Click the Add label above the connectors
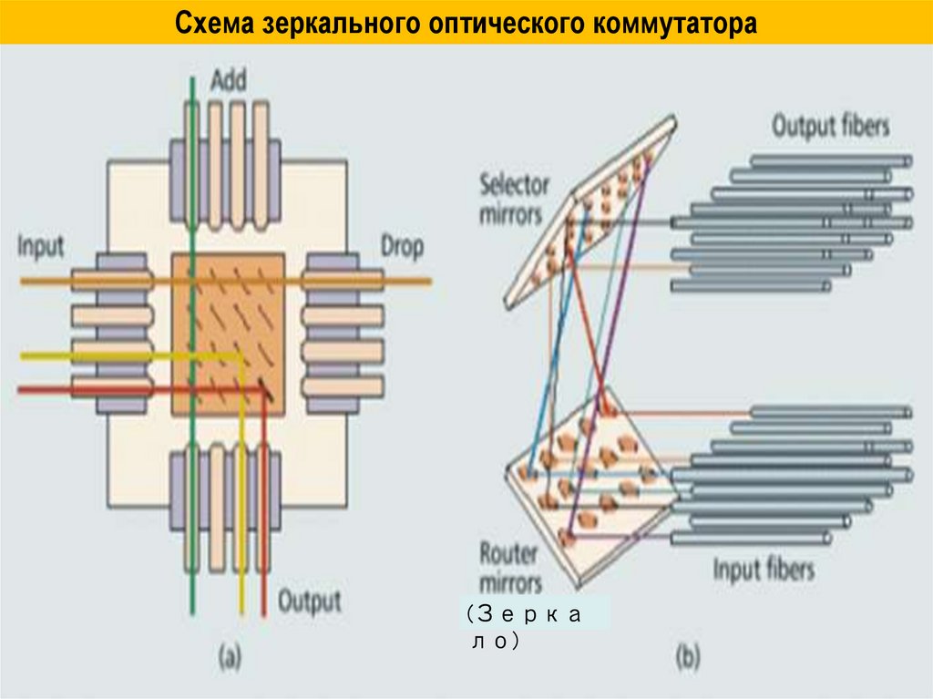click(x=229, y=81)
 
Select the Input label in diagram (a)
click(x=41, y=247)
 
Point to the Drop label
click(x=402, y=246)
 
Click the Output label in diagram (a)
click(x=309, y=601)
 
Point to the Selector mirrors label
click(x=515, y=200)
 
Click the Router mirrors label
click(x=510, y=568)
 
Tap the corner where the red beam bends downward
click(x=264, y=392)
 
